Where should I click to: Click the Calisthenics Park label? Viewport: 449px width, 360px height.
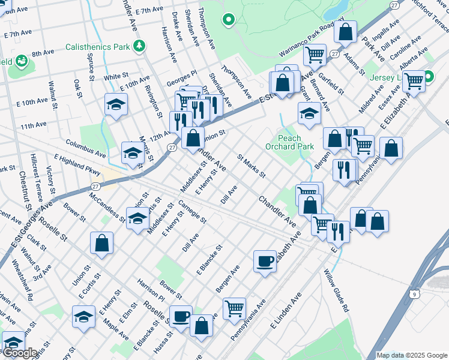[x=97, y=46]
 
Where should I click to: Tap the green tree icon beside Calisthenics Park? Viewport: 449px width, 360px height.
[x=140, y=46]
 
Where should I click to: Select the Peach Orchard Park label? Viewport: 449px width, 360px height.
[x=289, y=142]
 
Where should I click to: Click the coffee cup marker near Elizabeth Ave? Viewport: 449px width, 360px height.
[x=265, y=261]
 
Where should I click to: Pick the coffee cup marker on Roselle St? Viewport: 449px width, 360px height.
[x=181, y=316]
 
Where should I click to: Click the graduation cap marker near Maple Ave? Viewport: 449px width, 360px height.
[x=84, y=316]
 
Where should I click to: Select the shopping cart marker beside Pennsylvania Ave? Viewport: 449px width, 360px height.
[x=234, y=308]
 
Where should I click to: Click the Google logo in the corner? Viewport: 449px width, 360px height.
[x=20, y=353]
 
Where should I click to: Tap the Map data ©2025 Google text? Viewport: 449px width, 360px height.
[x=412, y=355]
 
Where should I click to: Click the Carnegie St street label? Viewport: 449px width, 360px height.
[x=192, y=212]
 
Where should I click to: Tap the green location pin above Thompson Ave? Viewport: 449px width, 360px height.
[x=228, y=20]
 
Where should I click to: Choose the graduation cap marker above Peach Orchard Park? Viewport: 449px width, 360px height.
[x=309, y=113]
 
